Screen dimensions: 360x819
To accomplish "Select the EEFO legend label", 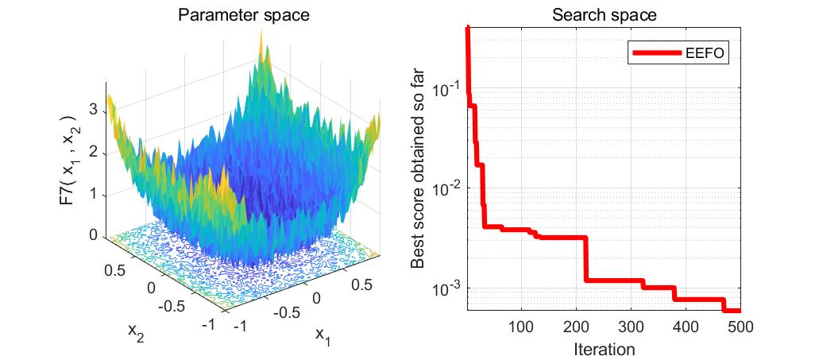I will (x=706, y=53).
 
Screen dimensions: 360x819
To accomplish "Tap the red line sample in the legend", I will (x=656, y=53).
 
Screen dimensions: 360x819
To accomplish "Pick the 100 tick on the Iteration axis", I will (x=521, y=327).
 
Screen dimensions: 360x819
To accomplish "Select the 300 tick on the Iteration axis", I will (x=631, y=327).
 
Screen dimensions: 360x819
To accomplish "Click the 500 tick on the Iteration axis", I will (x=740, y=327).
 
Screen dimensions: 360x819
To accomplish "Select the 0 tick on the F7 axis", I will (x=95, y=235).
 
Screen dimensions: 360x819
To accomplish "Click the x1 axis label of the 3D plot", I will (x=323, y=335).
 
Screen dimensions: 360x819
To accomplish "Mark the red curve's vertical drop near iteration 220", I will (x=586, y=258).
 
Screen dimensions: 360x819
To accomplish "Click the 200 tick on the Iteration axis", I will (x=576, y=327).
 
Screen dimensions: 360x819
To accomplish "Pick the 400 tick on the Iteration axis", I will (x=686, y=327).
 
